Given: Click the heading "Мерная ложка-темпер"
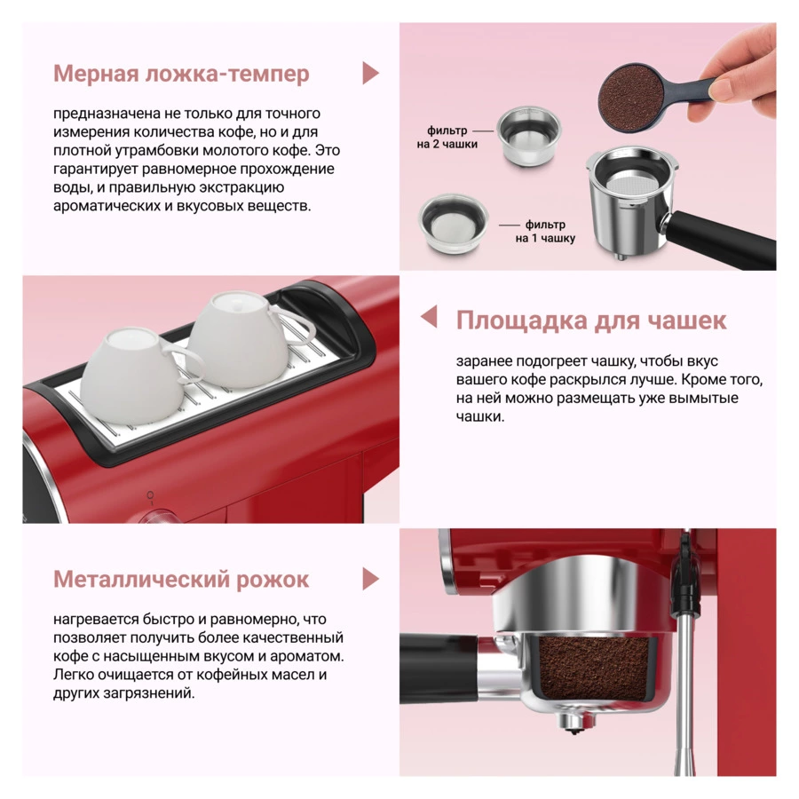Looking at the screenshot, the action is pos(181,74).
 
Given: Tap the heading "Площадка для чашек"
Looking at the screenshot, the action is pos(591,320).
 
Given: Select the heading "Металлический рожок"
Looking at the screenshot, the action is pos(181,580).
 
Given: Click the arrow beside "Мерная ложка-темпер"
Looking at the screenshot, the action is pos(371,73).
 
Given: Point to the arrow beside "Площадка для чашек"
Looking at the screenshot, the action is pos(429,316).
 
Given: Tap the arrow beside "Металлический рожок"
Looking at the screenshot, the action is pos(371,579).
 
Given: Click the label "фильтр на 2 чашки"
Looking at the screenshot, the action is pos(447,138).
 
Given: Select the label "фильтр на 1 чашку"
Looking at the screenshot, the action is pos(545,232).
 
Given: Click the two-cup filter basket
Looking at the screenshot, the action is pos(529,137).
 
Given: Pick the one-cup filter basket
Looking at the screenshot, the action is pos(453,224).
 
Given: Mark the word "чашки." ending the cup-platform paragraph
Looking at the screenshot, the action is pos(480,416).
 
